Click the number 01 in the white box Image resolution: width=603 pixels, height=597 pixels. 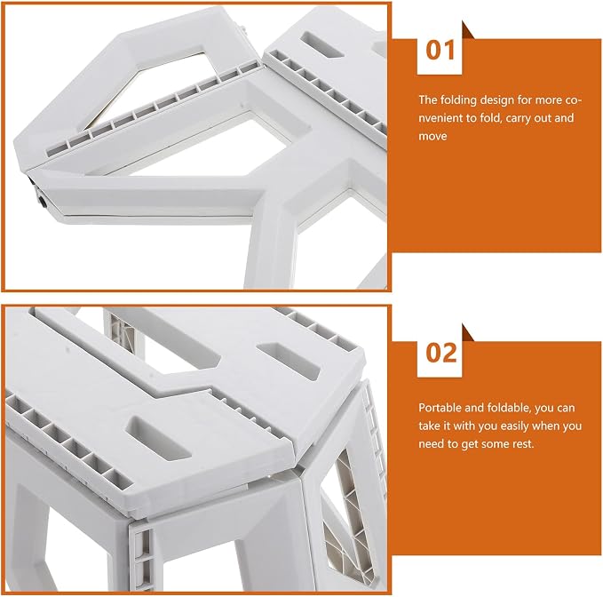440,51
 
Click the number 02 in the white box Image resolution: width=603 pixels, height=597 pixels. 441,353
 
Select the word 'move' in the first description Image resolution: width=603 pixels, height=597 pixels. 432,137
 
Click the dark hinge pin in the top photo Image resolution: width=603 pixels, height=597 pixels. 41,201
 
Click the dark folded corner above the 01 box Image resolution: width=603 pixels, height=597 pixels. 468,30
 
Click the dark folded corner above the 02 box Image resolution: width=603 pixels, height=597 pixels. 468,332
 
